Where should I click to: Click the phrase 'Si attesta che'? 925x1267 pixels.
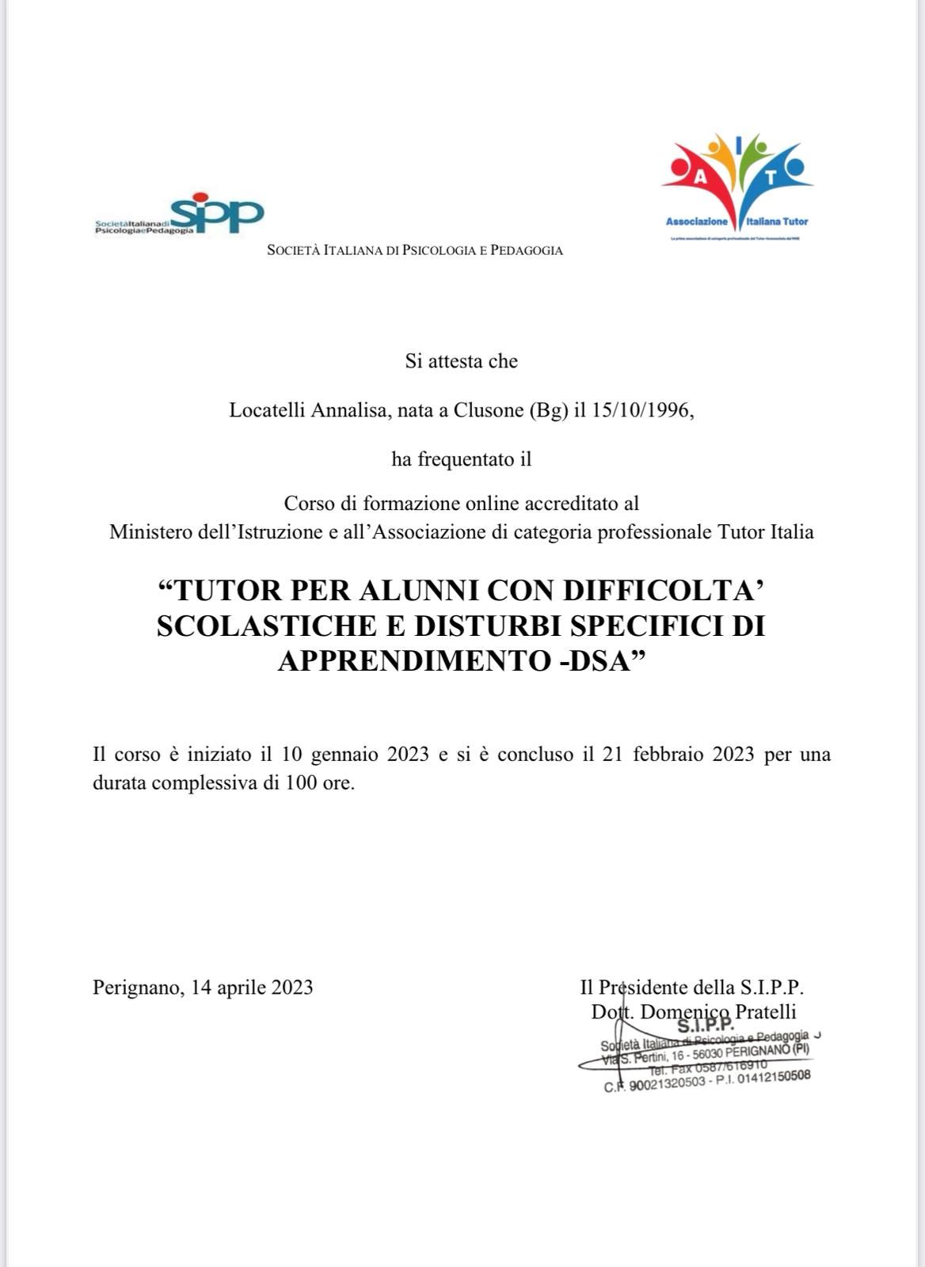pyautogui.click(x=462, y=361)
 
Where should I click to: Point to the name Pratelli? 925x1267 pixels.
pyautogui.click(x=766, y=1011)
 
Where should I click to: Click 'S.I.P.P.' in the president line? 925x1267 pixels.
pyautogui.click(x=771, y=987)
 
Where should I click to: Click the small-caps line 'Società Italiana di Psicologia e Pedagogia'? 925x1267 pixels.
pyautogui.click(x=415, y=250)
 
